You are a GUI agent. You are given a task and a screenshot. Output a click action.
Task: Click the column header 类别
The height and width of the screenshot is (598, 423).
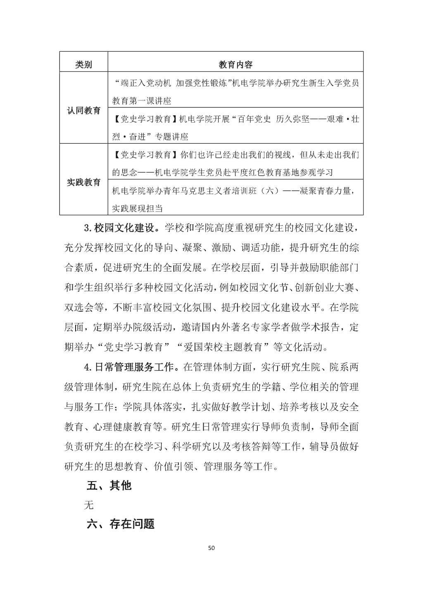pyautogui.click(x=83, y=64)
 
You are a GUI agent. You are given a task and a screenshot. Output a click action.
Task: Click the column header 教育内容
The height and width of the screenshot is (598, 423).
pyautogui.click(x=235, y=64)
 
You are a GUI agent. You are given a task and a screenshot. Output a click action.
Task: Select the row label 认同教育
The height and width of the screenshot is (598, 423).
pyautogui.click(x=83, y=110)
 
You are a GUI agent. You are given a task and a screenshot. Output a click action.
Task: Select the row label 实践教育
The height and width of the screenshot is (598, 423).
pyautogui.click(x=83, y=182)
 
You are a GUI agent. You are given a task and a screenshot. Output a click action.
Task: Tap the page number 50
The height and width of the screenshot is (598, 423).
pyautogui.click(x=211, y=548)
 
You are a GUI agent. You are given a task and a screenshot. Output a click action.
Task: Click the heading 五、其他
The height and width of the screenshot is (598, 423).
pyautogui.click(x=109, y=485)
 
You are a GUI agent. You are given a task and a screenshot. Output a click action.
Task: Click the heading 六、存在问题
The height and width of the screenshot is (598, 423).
pyautogui.click(x=121, y=524)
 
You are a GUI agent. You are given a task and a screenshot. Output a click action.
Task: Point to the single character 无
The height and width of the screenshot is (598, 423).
pyautogui.click(x=89, y=505)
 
